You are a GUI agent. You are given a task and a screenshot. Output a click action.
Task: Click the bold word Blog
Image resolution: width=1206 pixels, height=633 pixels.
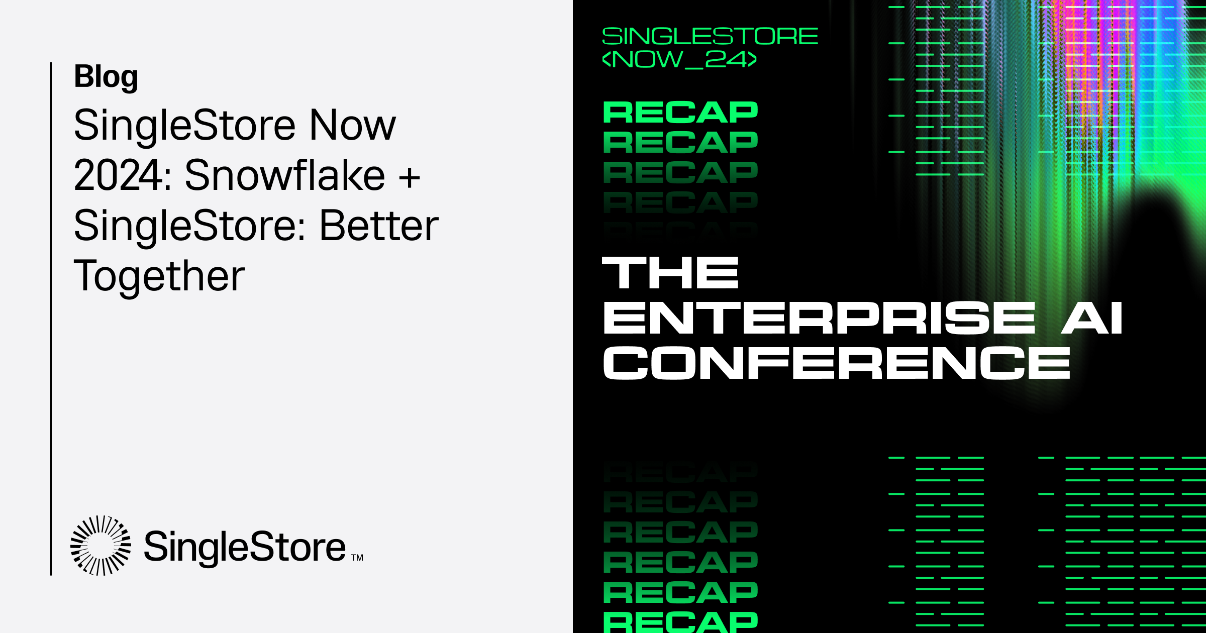[106, 77]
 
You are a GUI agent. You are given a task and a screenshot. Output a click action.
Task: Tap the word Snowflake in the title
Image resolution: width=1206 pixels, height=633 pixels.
[284, 175]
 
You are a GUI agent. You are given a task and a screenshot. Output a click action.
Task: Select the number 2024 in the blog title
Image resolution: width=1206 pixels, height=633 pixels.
[118, 175]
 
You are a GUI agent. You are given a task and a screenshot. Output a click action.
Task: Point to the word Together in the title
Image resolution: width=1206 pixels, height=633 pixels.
[159, 276]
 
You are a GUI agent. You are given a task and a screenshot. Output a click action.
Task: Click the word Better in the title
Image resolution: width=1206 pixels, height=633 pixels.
[379, 226]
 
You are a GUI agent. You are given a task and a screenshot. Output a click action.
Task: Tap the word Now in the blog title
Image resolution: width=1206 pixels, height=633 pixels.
[352, 125]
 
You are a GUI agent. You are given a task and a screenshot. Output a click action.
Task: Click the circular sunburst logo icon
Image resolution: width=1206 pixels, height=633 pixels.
[100, 545]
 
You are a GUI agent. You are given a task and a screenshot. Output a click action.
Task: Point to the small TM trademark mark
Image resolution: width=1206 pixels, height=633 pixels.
[357, 558]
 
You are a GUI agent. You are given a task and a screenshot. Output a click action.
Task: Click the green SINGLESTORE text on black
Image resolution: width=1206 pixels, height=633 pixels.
[710, 36]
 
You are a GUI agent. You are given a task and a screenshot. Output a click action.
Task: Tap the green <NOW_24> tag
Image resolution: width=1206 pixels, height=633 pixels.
[679, 59]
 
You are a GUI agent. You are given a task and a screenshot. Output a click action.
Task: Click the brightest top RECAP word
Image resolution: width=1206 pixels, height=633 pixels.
[680, 112]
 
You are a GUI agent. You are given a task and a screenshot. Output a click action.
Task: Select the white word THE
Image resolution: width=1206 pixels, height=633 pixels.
[670, 273]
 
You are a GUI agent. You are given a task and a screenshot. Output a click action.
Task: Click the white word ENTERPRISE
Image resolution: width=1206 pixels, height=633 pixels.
[819, 318]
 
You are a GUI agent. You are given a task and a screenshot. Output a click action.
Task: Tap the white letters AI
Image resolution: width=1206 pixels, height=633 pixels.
[1091, 318]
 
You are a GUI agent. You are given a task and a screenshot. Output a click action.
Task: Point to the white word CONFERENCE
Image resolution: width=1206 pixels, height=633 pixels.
[836, 363]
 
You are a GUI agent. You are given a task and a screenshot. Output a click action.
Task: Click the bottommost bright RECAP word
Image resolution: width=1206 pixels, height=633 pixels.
[680, 622]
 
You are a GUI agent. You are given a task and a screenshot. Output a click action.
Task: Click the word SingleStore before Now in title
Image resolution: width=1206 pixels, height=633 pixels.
[184, 125]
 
